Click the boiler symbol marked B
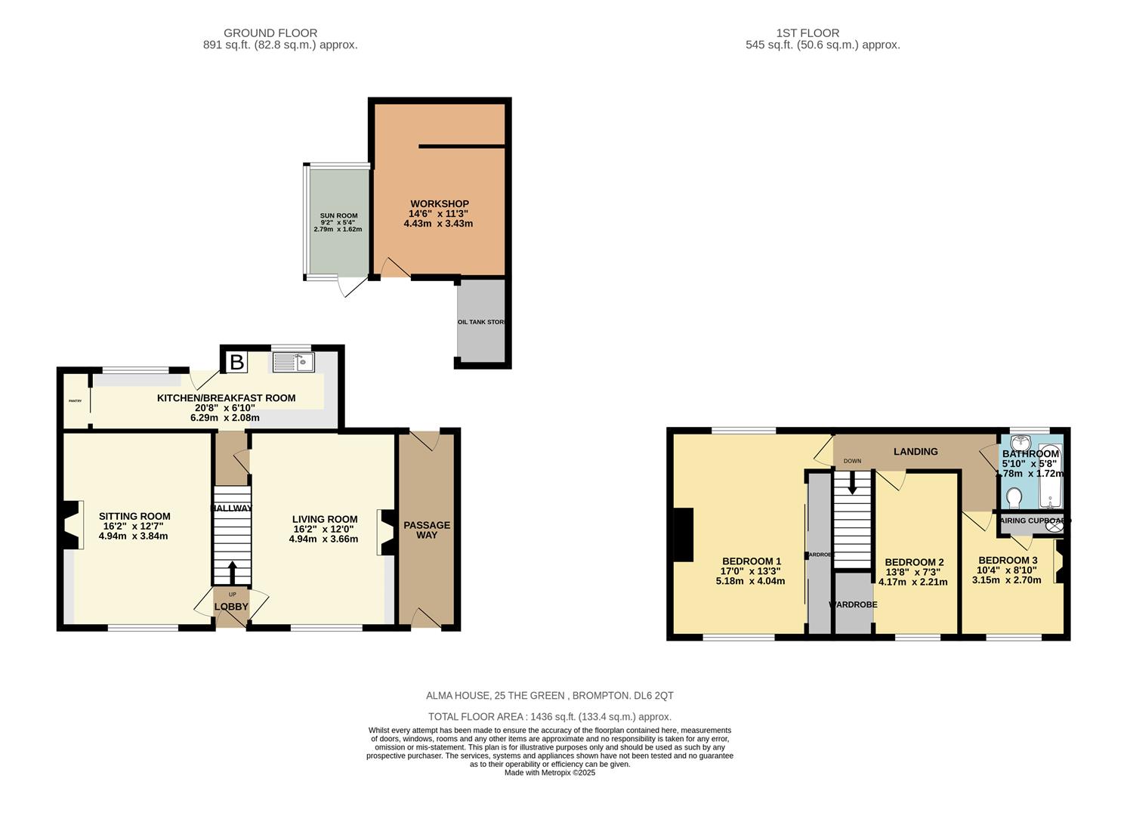point(236,363)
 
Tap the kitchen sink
point(293,363)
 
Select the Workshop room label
point(439,204)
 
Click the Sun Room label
point(338,216)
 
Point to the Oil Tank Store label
point(481,322)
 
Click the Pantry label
point(75,400)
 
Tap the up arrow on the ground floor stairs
point(232,573)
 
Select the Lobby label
point(231,607)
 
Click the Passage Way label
point(427,530)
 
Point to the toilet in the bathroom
point(1014,498)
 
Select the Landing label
point(915,452)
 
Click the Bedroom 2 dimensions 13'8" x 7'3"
point(914,572)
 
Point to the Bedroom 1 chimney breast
point(684,534)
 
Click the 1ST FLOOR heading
point(807,33)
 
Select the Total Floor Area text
point(549,716)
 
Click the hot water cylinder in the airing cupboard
point(1054,527)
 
